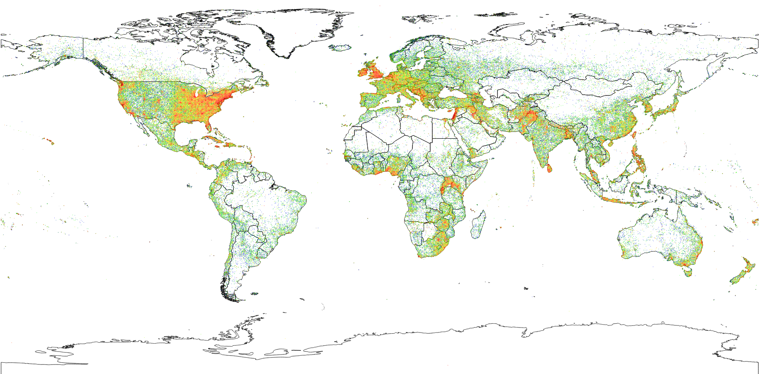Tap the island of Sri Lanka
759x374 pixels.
[x=550, y=168]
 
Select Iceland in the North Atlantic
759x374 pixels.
[x=341, y=48]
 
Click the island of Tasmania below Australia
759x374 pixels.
[x=688, y=272]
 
